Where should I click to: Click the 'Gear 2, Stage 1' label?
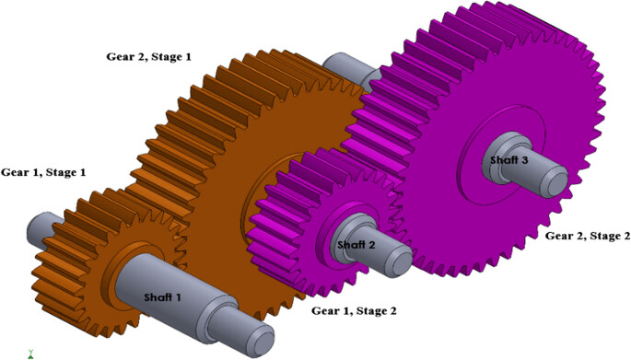tap(148, 57)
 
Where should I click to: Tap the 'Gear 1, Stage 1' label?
tap(43, 172)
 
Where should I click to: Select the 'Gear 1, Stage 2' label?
tap(354, 311)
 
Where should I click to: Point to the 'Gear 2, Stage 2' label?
tap(588, 236)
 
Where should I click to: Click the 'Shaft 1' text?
tap(162, 297)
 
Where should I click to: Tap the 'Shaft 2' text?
tap(356, 245)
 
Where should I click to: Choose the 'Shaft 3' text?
tap(509, 160)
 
